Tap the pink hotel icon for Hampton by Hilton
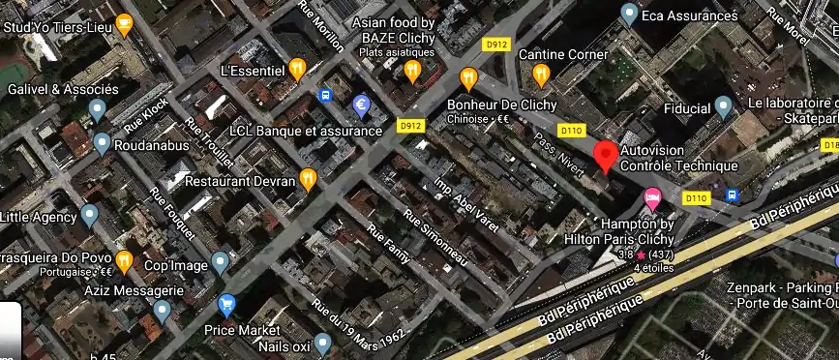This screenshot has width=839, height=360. pos(653,198)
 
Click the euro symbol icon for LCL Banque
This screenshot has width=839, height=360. pos(362,105)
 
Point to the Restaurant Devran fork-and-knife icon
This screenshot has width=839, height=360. pos(308,178)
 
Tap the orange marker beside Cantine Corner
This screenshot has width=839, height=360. pos(540,73)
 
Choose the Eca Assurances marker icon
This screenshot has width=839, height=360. pos(629,15)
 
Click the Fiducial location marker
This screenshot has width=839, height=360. pos(723,106)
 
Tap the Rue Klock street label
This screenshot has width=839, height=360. pos(147,116)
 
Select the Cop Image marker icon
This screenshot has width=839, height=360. pos(221,260)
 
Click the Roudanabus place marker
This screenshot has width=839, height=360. pos(103,145)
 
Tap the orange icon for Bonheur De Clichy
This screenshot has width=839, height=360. pos(469,76)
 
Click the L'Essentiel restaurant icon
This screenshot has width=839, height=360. pos(297,68)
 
